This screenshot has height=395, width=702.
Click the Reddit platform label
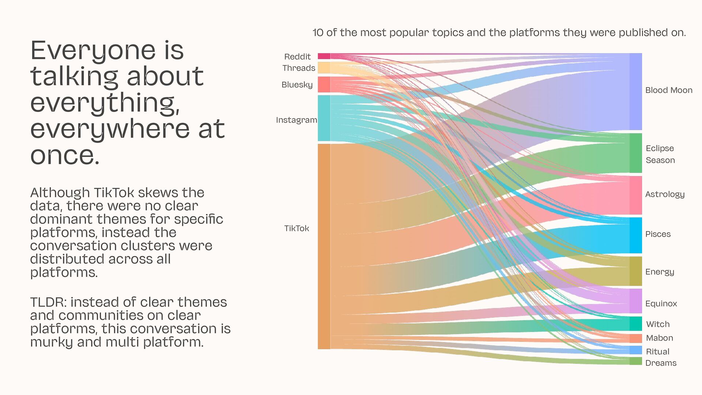(x=297, y=57)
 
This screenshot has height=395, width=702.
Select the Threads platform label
(x=298, y=68)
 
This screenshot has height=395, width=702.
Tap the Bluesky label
(x=297, y=85)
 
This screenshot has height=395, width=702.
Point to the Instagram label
(x=296, y=120)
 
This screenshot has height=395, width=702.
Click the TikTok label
(x=297, y=229)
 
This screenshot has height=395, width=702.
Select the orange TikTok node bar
(x=324, y=246)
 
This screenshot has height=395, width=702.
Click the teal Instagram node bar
(x=324, y=118)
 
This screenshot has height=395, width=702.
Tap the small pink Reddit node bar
(x=324, y=56)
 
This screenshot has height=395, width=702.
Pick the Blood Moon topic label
(x=668, y=90)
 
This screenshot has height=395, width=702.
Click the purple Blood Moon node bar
(x=635, y=91)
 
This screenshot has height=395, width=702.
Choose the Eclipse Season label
(x=660, y=154)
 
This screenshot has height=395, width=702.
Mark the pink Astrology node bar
(x=635, y=195)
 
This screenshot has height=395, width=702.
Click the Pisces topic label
(x=658, y=234)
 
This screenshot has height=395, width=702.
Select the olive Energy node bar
(x=635, y=271)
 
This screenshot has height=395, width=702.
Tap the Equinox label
(x=661, y=304)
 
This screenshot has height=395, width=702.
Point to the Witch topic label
(x=658, y=324)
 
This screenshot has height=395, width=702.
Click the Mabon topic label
(x=659, y=338)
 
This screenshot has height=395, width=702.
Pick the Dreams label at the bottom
(x=661, y=363)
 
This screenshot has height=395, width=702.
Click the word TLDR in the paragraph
(x=48, y=302)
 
